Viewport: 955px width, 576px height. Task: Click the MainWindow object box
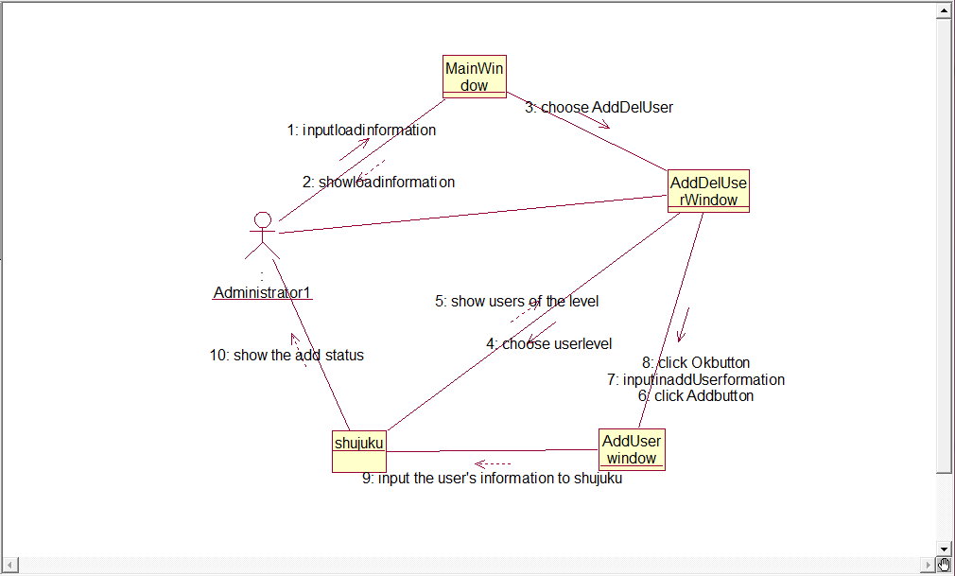(475, 77)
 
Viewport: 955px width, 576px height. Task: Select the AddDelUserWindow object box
(709, 191)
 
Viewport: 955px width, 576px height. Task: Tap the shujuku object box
(358, 450)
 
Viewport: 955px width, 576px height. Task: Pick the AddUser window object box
(632, 449)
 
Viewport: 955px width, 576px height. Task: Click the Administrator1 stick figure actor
(263, 236)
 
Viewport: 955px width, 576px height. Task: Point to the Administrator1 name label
(262, 293)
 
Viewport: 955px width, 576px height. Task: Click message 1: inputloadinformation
(362, 131)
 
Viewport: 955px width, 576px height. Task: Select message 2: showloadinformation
(378, 182)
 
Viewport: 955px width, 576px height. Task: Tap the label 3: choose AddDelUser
(599, 108)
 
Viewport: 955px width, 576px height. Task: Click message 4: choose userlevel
(549, 344)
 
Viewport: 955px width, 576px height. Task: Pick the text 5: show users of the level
(516, 302)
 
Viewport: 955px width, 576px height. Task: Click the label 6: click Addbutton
(695, 396)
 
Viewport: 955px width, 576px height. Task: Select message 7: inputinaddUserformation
(695, 379)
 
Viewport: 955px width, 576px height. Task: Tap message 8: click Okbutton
(695, 363)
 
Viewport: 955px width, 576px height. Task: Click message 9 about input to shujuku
(492, 479)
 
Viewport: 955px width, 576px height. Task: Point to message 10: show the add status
(286, 356)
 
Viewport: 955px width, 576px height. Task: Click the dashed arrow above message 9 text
(492, 463)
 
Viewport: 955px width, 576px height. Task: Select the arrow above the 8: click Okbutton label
(684, 324)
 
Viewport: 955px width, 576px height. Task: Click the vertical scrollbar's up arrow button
(944, 9)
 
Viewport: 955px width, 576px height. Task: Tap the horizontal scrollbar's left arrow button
(9, 566)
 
